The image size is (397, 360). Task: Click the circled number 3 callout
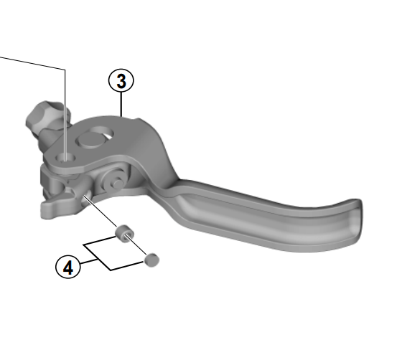[x=121, y=81]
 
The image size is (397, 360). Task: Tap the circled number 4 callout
[x=68, y=267]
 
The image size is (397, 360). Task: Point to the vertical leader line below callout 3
[x=121, y=105]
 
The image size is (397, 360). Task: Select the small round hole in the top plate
[x=65, y=158]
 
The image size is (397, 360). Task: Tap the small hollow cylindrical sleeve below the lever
[x=124, y=232]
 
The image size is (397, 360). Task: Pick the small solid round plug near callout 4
[x=151, y=260]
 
